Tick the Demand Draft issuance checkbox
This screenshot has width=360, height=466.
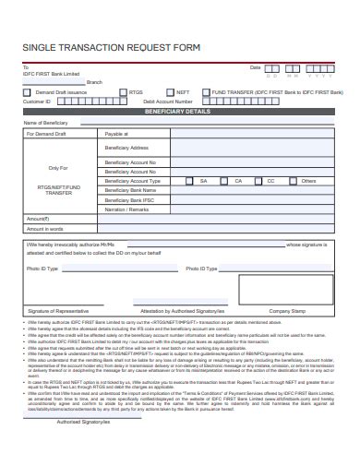(29, 93)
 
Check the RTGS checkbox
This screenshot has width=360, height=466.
(125, 93)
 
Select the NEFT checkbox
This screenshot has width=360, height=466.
(169, 93)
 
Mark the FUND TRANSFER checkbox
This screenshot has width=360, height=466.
(208, 93)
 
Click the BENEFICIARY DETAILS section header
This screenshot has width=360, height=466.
(179, 111)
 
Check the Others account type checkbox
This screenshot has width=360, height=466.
(296, 181)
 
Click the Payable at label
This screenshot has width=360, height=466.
(117, 134)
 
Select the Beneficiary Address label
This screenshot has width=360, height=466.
(126, 148)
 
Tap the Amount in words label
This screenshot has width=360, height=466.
(44, 229)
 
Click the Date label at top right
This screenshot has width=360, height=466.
(256, 67)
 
